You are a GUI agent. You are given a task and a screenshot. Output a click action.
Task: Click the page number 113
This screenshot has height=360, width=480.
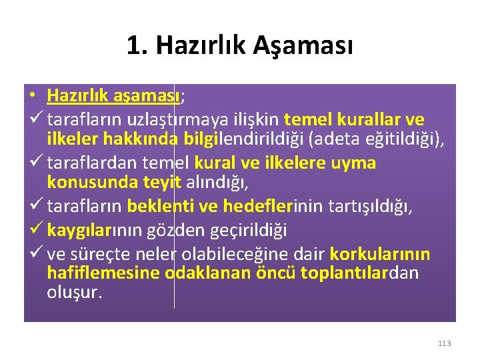click(445, 343)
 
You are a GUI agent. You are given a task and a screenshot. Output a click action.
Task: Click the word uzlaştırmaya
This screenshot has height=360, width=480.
click(157, 120)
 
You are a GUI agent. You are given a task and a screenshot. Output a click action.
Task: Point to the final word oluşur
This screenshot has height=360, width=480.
click(75, 293)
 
